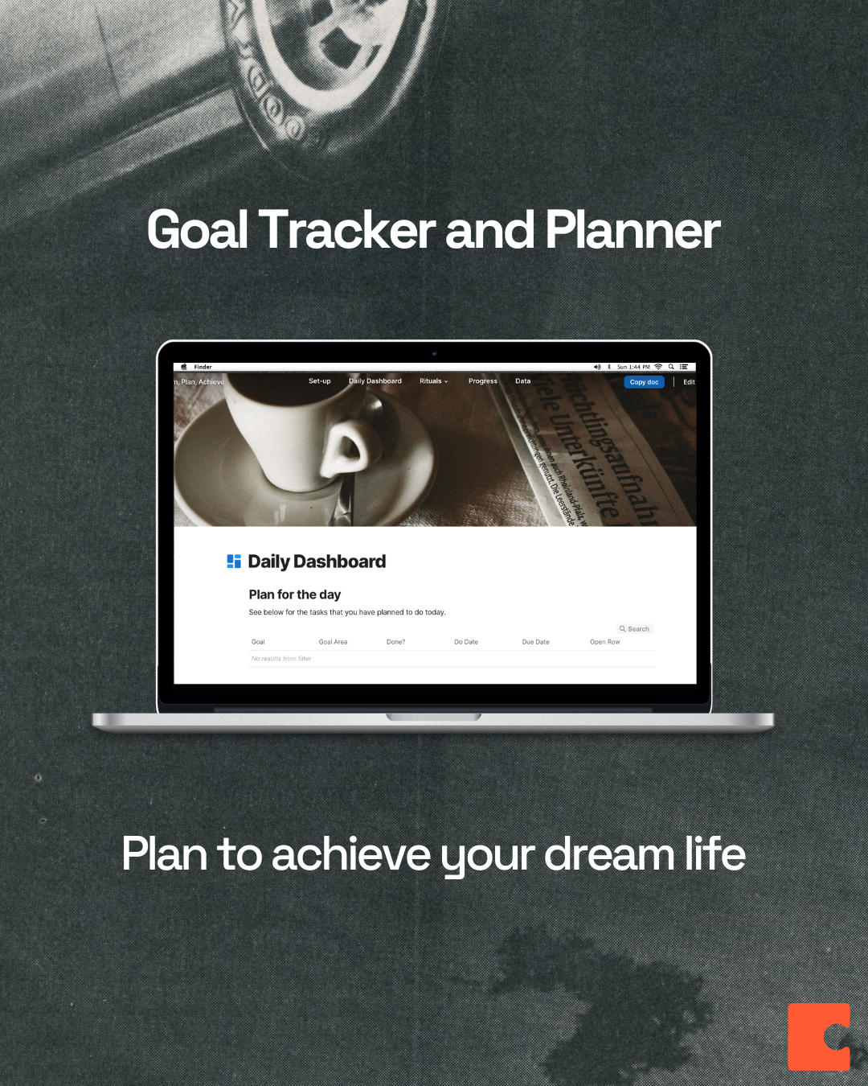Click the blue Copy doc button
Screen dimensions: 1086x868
click(x=644, y=382)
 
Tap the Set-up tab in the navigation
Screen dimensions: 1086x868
click(x=320, y=381)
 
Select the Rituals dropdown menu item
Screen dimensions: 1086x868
click(x=433, y=381)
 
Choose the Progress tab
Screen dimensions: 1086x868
click(x=483, y=381)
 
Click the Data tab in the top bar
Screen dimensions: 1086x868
click(x=523, y=381)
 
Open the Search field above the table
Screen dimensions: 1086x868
click(x=635, y=629)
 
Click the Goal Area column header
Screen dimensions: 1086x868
click(x=333, y=642)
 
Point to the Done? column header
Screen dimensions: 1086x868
click(x=395, y=642)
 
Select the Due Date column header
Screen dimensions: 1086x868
click(x=536, y=642)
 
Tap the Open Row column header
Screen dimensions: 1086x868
click(x=605, y=642)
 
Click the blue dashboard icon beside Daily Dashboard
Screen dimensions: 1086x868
click(x=234, y=562)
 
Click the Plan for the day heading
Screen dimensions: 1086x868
click(x=295, y=594)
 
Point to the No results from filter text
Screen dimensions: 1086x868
click(x=281, y=659)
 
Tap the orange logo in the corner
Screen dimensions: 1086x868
click(x=819, y=1037)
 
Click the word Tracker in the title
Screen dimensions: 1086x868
click(x=347, y=231)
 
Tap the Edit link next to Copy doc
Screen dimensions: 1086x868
click(x=689, y=382)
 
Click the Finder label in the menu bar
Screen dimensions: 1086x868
click(x=203, y=367)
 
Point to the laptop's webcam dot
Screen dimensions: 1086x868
click(x=434, y=353)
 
